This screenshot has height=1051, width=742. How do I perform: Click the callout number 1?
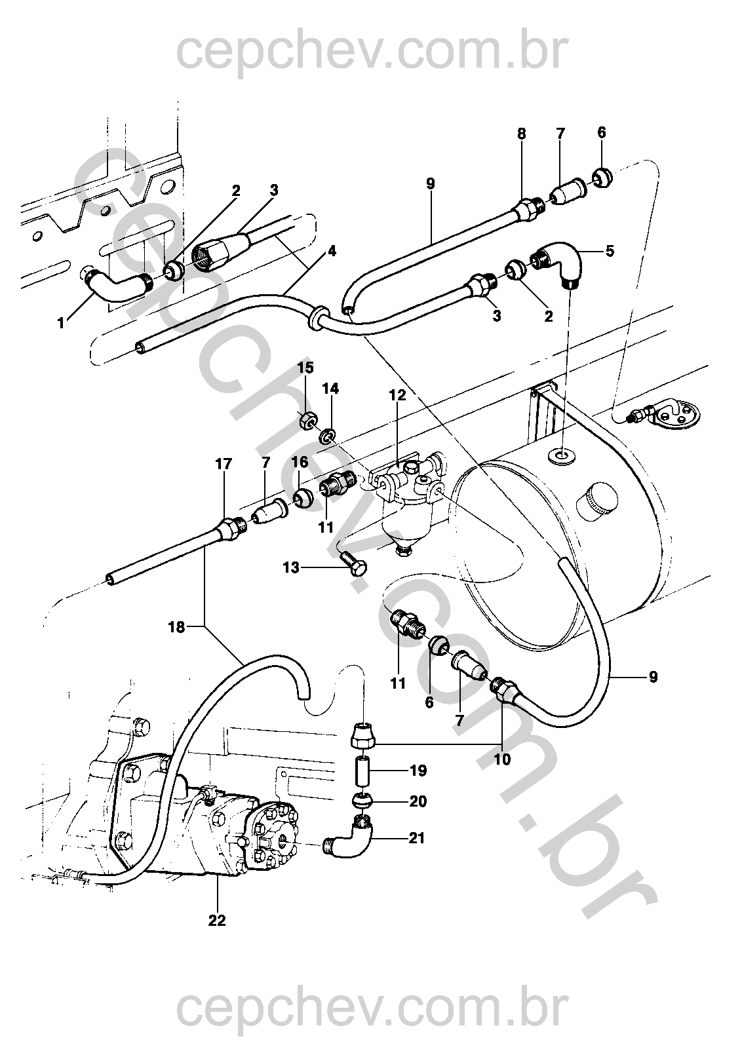pos(61,322)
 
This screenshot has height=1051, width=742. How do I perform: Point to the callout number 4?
pos(332,251)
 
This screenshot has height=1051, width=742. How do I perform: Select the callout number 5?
pos(610,251)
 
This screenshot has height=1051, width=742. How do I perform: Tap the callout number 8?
pos(521,134)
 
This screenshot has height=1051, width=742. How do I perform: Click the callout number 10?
pos(501,760)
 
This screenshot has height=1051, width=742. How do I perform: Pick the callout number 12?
pos(397,395)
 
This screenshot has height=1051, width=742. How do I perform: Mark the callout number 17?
pos(224,464)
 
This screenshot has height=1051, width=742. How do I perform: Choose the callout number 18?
pos(176,627)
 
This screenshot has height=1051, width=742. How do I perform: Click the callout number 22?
pos(217,920)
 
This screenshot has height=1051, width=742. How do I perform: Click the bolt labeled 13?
pos(353,564)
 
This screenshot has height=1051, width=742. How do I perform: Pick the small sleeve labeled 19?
pos(363,771)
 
